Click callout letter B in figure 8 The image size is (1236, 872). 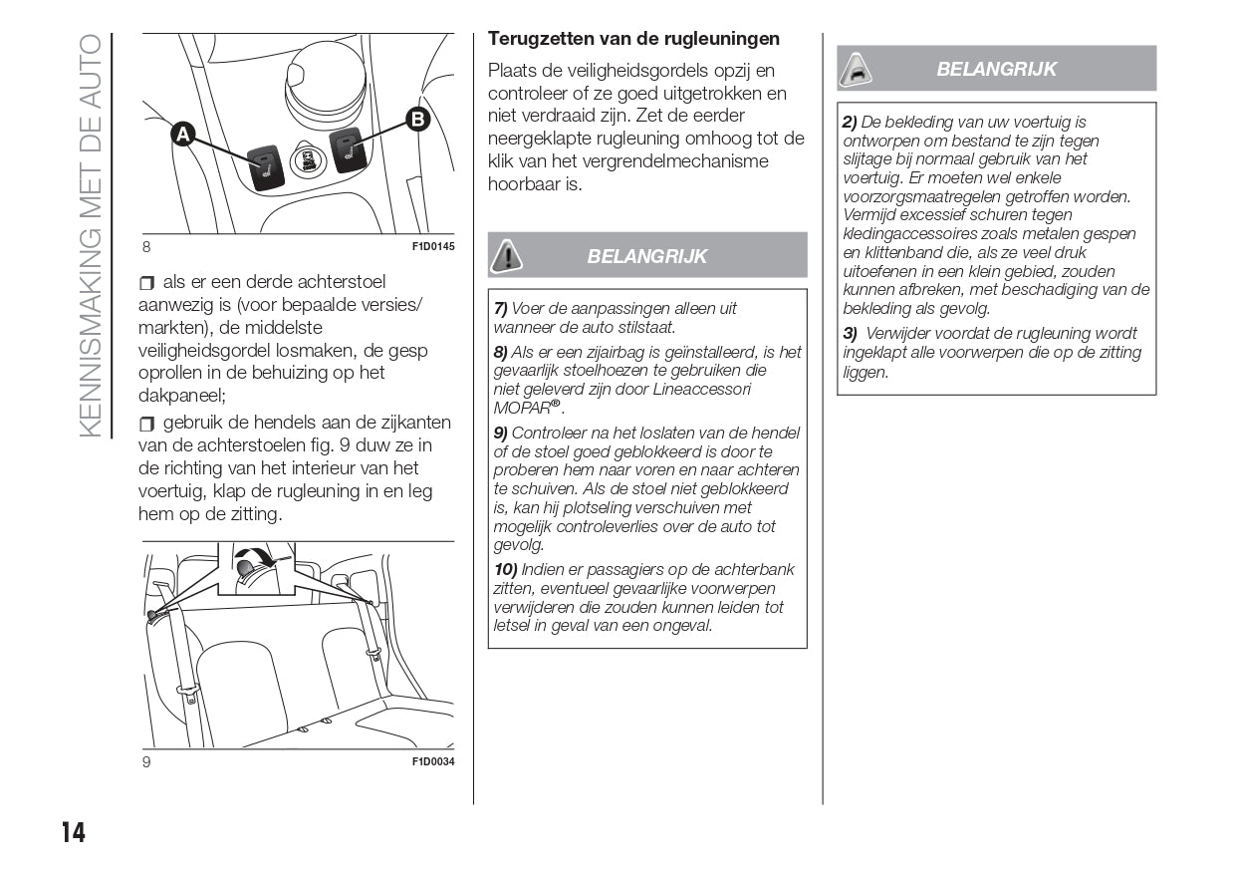pyautogui.click(x=417, y=120)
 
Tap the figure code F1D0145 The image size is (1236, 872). pyautogui.click(x=433, y=246)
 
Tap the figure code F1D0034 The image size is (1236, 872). pyautogui.click(x=433, y=762)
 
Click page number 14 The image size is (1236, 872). pyautogui.click(x=73, y=833)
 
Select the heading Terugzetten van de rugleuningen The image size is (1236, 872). pyautogui.click(x=633, y=39)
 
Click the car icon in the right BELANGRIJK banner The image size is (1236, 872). pyautogui.click(x=857, y=69)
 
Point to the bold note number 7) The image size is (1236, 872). pyautogui.click(x=501, y=309)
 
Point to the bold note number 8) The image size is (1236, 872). pyautogui.click(x=501, y=352)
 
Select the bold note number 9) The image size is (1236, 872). pyautogui.click(x=501, y=433)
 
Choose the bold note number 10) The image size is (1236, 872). pyautogui.click(x=505, y=569)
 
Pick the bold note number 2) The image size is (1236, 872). pyautogui.click(x=850, y=122)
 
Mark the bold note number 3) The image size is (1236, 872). pyautogui.click(x=850, y=334)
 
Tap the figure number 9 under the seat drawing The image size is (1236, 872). pyautogui.click(x=146, y=762)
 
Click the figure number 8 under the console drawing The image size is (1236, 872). pyautogui.click(x=146, y=246)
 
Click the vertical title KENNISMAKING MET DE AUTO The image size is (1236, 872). pyautogui.click(x=90, y=234)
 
